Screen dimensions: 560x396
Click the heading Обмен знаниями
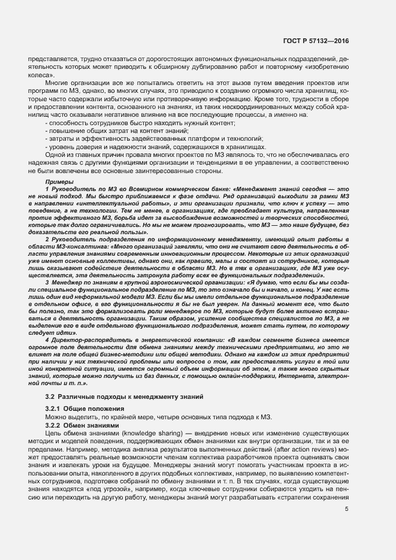(x=93, y=425)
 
